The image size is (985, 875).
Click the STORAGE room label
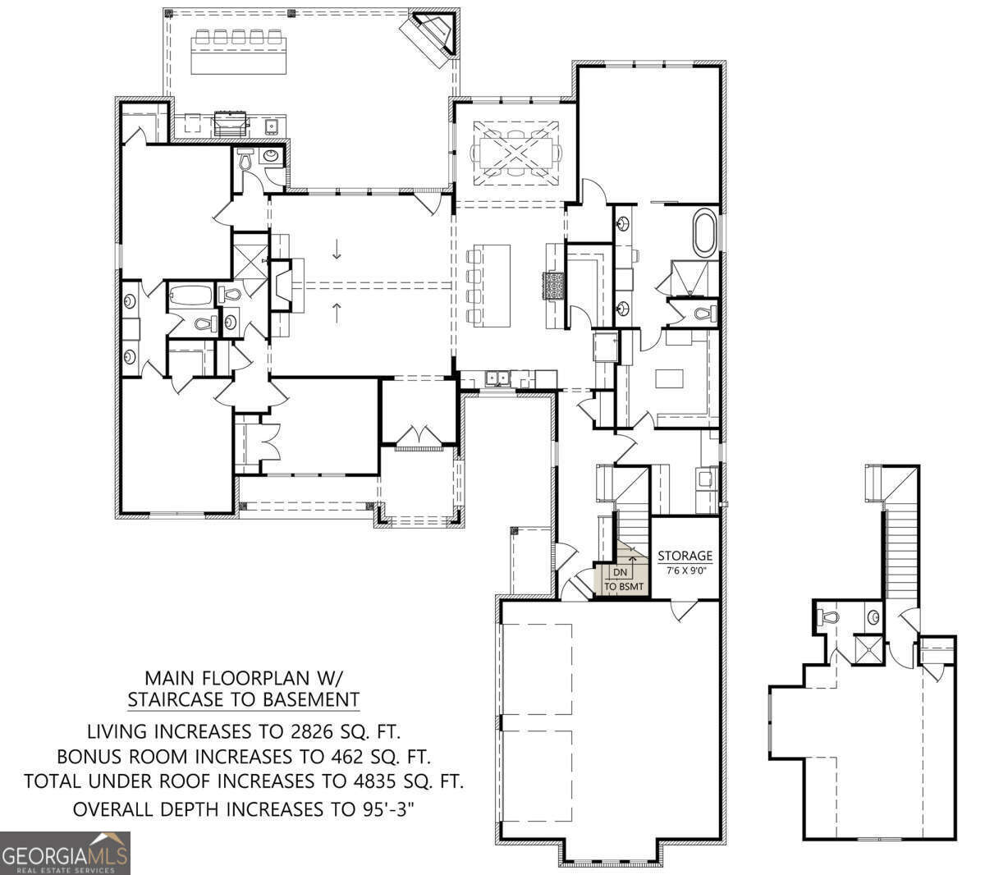point(685,556)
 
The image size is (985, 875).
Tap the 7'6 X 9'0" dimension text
point(685,570)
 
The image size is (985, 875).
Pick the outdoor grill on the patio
point(230,125)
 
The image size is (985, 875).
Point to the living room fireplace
point(282,285)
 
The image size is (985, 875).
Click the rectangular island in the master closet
point(669,378)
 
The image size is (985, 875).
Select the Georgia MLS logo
point(65,853)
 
